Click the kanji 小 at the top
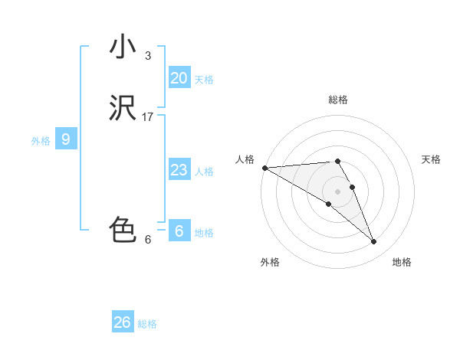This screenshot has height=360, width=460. pos(123,47)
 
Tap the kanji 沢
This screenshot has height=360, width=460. pos(123,109)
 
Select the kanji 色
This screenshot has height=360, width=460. pos(123,230)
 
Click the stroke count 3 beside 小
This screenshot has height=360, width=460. pos(148,55)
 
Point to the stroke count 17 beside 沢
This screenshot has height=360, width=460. pos(148,117)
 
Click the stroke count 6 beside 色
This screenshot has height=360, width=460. pos(148,239)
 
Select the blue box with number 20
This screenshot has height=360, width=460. pos(179,78)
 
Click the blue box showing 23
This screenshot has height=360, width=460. pos(179,170)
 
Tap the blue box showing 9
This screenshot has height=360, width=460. pos(66,139)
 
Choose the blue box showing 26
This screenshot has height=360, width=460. pos(123,322)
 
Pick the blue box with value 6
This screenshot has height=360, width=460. pos(179,231)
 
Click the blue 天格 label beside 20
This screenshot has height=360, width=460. pos(204,80)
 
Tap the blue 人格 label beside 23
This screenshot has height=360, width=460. pos(204,172)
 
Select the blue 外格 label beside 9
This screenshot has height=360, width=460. pos(41,141)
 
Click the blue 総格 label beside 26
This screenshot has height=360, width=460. pos(147,324)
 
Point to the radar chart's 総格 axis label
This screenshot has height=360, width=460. pos(337,100)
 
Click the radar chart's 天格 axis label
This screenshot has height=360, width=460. pos(431,159)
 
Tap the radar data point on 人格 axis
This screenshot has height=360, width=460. pos(264,168)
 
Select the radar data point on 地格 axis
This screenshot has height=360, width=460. pos(373,242)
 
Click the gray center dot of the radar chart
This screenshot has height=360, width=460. pos(337,191)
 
